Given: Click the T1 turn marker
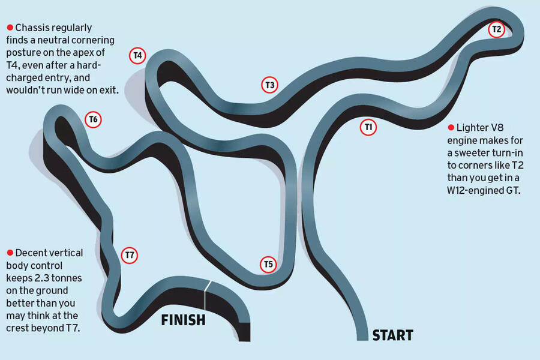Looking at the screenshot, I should coord(368,127).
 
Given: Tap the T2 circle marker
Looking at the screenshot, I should coord(496,29).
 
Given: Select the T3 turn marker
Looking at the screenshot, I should coord(270,85).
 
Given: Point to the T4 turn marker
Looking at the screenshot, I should coord(137,56).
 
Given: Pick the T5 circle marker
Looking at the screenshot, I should coord(268,264).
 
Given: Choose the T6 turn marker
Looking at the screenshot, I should coord(93,119).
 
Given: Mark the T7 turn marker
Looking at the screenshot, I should coord(129,255).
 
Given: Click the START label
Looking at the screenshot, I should coord(393,335).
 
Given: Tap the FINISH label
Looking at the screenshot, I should coord(183,320).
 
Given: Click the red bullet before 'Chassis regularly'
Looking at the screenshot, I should coord(10,28).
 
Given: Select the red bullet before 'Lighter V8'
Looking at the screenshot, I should coord(451,127).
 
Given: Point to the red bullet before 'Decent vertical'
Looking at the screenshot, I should coord(10,253).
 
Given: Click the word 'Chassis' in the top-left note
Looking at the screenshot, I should coord(34,28).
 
